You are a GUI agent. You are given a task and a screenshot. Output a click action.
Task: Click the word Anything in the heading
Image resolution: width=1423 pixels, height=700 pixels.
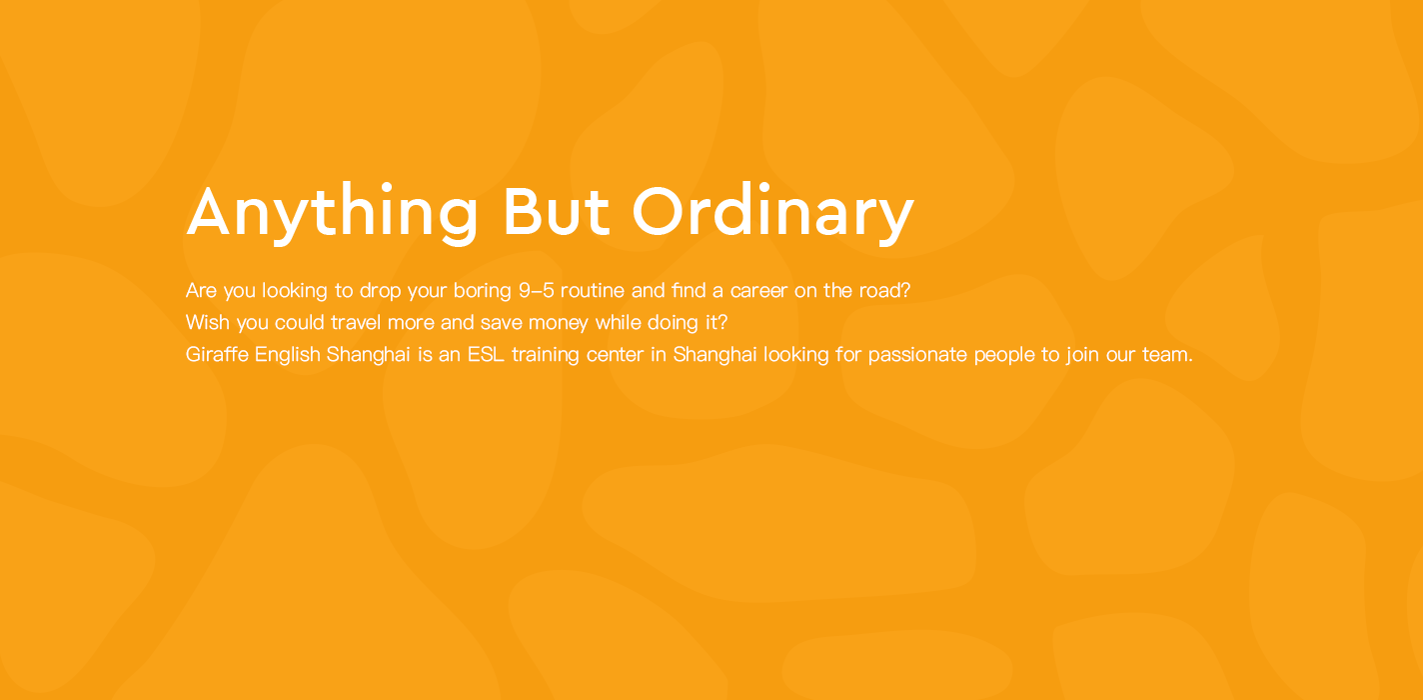click(x=332, y=212)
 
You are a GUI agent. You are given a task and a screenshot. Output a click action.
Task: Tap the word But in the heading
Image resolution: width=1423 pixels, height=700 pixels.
click(x=556, y=211)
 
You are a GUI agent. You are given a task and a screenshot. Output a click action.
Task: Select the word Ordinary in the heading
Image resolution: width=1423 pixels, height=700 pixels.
click(x=772, y=212)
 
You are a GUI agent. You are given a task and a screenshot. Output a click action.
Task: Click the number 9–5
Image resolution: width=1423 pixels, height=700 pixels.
click(x=537, y=291)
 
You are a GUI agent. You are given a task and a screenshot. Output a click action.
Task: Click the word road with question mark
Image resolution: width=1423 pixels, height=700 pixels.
click(x=885, y=291)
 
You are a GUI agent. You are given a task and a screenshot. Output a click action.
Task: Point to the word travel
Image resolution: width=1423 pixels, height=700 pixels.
click(x=355, y=322)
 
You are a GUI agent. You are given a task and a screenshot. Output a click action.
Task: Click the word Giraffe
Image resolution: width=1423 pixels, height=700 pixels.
click(x=217, y=354)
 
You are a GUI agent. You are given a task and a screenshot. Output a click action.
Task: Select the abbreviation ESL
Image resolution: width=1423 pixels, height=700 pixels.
click(x=486, y=354)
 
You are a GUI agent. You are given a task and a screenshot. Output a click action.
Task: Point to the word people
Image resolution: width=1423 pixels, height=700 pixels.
click(x=1004, y=355)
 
